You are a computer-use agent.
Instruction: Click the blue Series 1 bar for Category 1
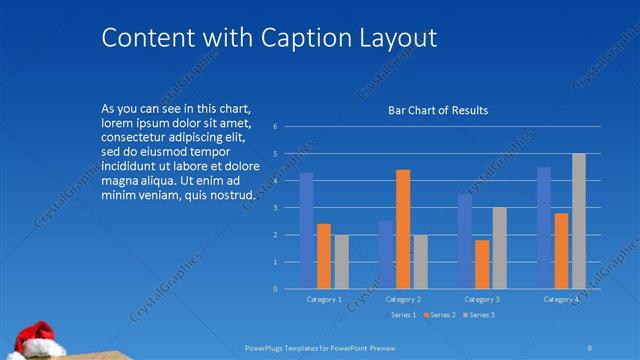pos(307,231)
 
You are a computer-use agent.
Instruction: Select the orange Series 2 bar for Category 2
pos(403,229)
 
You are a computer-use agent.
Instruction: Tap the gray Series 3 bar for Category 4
pos(579,221)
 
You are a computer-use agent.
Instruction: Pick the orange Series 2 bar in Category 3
pos(482,264)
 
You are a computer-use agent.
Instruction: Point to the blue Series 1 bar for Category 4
pos(544,228)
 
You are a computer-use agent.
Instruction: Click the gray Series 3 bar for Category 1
pos(342,262)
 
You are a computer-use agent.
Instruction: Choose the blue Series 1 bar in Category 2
pos(385,255)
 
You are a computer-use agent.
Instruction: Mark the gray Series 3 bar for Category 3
pos(500,248)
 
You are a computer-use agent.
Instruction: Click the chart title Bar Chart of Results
pos(438,110)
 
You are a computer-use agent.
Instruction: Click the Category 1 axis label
pos(324,299)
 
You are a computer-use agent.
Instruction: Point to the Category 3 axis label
pos(482,299)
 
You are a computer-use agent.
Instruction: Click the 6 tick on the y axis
pos(288,127)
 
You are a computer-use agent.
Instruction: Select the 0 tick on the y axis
pos(288,289)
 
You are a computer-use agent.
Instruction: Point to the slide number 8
pos(591,347)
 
